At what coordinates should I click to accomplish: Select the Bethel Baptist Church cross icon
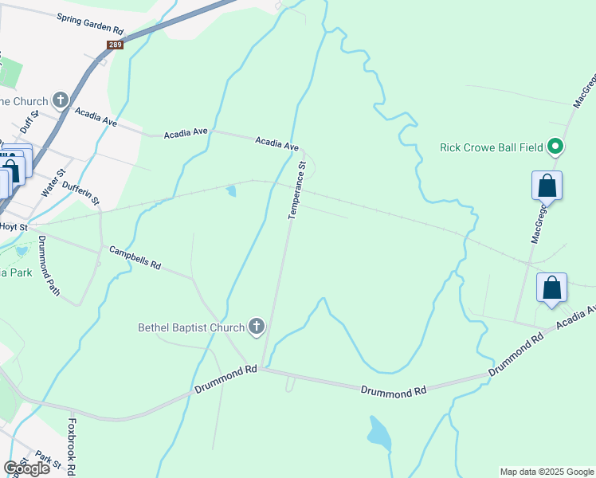coord(257,327)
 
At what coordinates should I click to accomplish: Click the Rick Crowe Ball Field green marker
coord(556,147)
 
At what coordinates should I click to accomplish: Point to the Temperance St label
coord(296,191)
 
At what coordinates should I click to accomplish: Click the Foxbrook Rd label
coord(72,446)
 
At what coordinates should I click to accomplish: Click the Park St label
coord(48,460)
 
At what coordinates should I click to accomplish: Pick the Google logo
coord(26,468)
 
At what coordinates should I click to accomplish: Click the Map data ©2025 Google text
coord(547,472)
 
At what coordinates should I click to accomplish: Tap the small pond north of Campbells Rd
coord(231,191)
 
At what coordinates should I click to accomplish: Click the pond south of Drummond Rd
coord(378,433)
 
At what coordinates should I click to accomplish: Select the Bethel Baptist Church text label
coord(191,327)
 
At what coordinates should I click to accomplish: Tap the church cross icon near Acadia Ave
coord(61,101)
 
